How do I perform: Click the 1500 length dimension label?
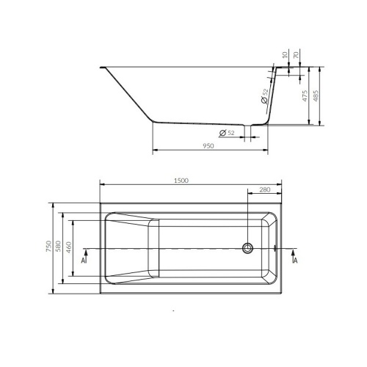tap(181, 181)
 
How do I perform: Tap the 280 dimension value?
tap(265, 189)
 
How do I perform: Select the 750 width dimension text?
tap(48, 246)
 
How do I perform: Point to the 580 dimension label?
tap(58, 246)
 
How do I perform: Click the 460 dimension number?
tap(68, 247)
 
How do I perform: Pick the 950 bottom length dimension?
tap(208, 146)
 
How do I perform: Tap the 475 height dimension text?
tap(305, 96)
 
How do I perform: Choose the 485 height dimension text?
tap(316, 96)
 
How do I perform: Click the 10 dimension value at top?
tap(285, 55)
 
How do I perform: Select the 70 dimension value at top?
tap(296, 55)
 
